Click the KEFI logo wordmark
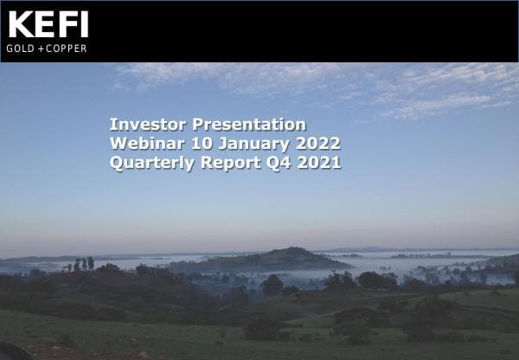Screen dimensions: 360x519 tap(48, 24)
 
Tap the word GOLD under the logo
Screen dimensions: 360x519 tap(21, 48)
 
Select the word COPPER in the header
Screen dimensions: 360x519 tap(67, 48)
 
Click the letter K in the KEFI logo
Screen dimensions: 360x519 tap(19, 24)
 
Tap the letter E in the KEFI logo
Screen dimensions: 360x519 tap(43, 24)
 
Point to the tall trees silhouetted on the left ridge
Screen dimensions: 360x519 tap(83, 263)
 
